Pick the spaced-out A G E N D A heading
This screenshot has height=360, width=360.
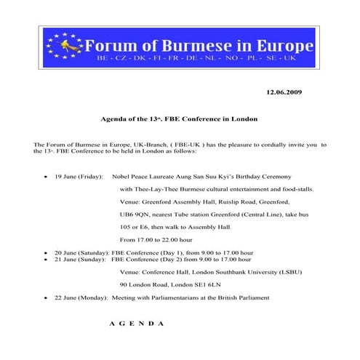click(136, 321)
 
